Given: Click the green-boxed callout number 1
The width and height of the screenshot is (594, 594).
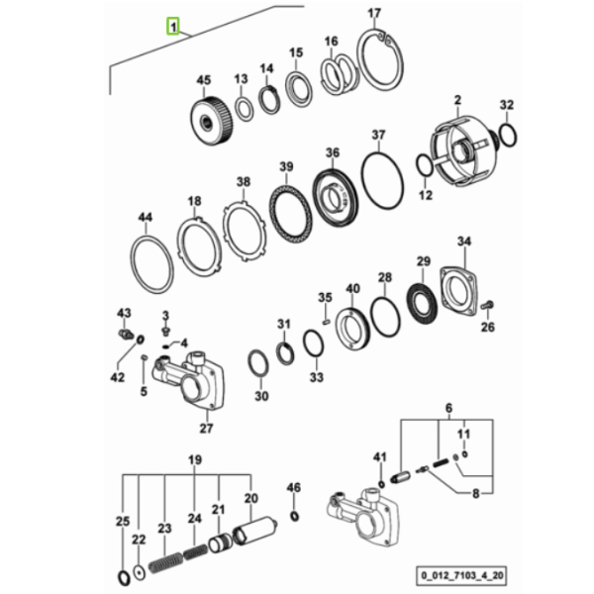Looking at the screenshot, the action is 173,27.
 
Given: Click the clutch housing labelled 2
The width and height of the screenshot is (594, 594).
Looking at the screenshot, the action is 463,151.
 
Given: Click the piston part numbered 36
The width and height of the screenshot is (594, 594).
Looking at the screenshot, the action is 336,198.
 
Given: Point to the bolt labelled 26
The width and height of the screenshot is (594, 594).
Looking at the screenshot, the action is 487,304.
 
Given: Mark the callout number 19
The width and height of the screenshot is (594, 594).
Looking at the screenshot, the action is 195,460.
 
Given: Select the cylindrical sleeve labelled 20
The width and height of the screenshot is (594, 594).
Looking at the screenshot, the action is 254,531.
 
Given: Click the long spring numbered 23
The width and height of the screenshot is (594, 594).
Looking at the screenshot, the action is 165,562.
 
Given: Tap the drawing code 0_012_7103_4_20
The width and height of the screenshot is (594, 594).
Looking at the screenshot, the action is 461,575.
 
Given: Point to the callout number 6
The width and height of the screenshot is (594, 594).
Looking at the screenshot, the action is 448,408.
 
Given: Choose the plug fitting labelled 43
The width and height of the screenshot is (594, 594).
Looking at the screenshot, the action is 125,335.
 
